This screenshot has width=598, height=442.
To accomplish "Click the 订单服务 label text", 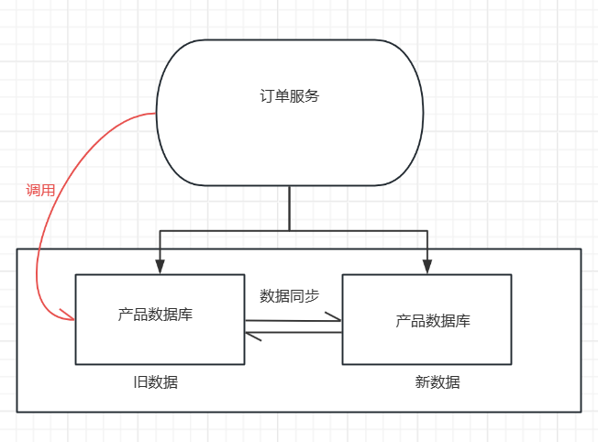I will [x=289, y=96].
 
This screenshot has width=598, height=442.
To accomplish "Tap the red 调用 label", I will [x=40, y=191].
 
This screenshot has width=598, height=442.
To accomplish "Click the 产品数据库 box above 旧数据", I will [x=159, y=318].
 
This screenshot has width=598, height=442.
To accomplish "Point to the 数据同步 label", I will [x=290, y=295].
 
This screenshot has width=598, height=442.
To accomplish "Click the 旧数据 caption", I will [x=155, y=382].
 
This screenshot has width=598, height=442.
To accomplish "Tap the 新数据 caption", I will [x=437, y=382].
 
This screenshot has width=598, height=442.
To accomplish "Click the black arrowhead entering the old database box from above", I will [x=160, y=267].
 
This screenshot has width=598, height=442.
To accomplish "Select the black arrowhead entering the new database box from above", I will [x=427, y=267].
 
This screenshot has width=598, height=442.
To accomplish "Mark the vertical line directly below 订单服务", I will [x=290, y=207].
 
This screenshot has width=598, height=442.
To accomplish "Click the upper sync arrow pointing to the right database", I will [x=293, y=320].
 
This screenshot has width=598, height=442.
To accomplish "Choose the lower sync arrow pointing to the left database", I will [x=293, y=333].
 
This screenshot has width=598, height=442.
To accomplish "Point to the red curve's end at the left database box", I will [x=71, y=319].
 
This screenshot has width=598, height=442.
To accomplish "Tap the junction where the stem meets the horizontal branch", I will [x=290, y=229].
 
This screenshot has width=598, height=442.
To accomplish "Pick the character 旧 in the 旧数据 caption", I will [x=138, y=382].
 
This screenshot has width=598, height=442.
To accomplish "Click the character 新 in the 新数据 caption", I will [x=422, y=382].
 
